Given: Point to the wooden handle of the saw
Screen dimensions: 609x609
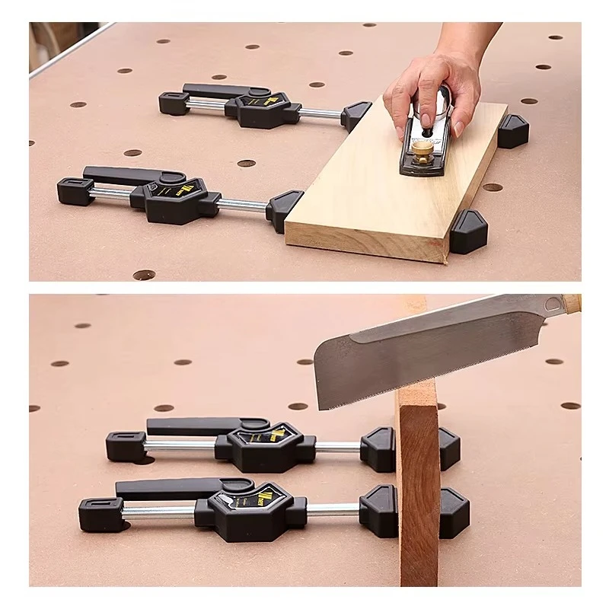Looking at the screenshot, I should point(572,303).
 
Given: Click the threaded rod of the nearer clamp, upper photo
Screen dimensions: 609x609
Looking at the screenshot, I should point(244,205).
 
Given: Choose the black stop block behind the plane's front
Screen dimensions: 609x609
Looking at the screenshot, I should point(513,131).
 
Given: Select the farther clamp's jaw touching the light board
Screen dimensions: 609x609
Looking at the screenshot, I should point(356,116).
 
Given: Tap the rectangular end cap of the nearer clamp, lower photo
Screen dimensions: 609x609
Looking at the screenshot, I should point(100,512).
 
